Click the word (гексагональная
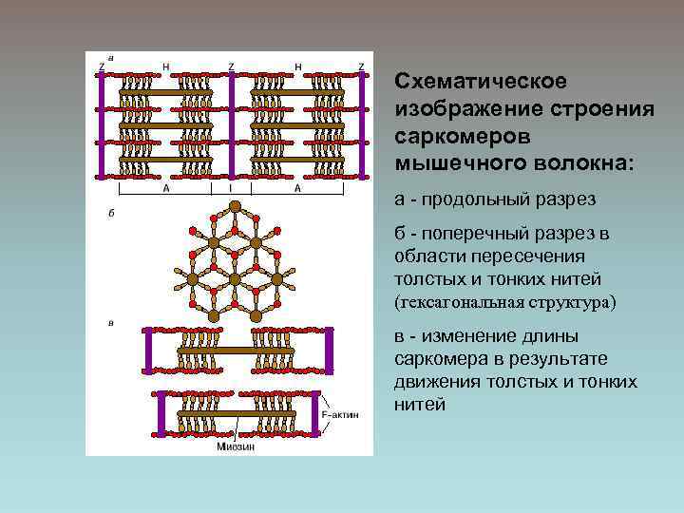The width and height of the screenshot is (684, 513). [x=457, y=302]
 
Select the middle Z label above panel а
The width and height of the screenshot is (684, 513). [x=231, y=66]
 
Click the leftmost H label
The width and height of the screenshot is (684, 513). [x=167, y=66]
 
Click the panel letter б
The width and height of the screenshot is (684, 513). [x=111, y=214]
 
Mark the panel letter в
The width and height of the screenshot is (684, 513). [x=111, y=323]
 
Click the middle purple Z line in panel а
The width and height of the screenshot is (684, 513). [x=231, y=125]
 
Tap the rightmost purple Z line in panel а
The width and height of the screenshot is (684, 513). [x=361, y=125]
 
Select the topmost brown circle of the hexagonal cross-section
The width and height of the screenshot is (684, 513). [x=235, y=206]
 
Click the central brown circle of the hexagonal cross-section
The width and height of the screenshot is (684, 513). [x=235, y=279]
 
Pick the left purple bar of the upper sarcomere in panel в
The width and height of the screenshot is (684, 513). [x=145, y=351]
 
